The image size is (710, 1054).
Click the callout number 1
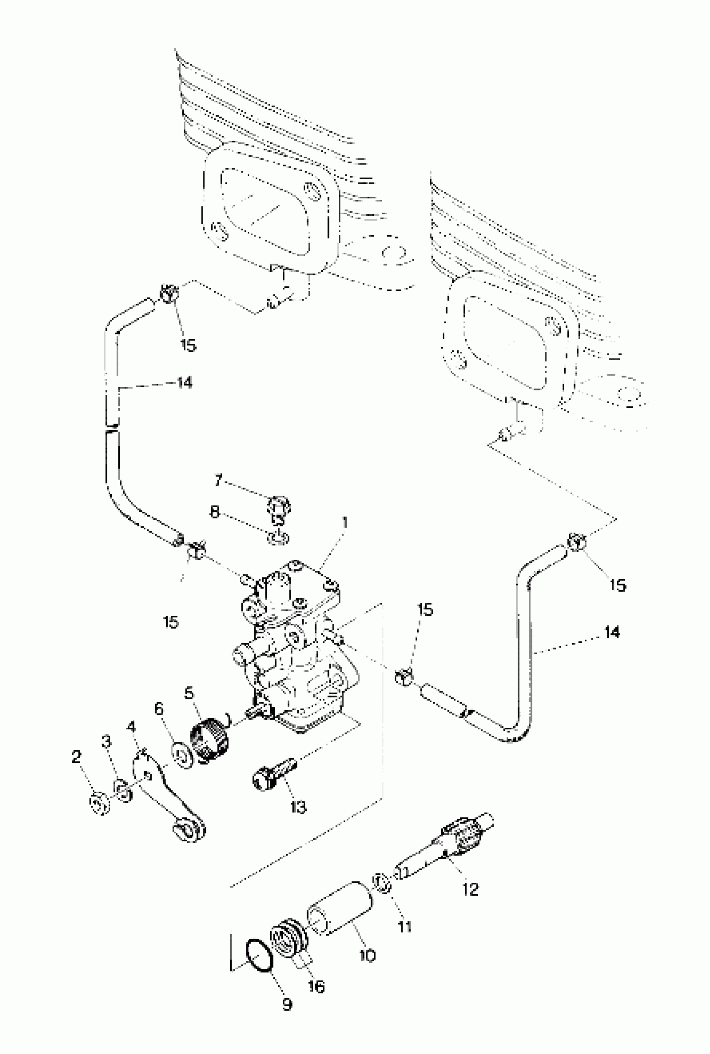345,523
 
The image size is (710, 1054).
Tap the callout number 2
76,757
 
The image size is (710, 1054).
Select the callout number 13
298,807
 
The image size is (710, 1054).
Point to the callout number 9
287,1004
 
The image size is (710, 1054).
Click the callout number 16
316,986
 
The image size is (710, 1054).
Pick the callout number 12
470,889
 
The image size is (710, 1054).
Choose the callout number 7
219,480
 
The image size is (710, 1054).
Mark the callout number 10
367,956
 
